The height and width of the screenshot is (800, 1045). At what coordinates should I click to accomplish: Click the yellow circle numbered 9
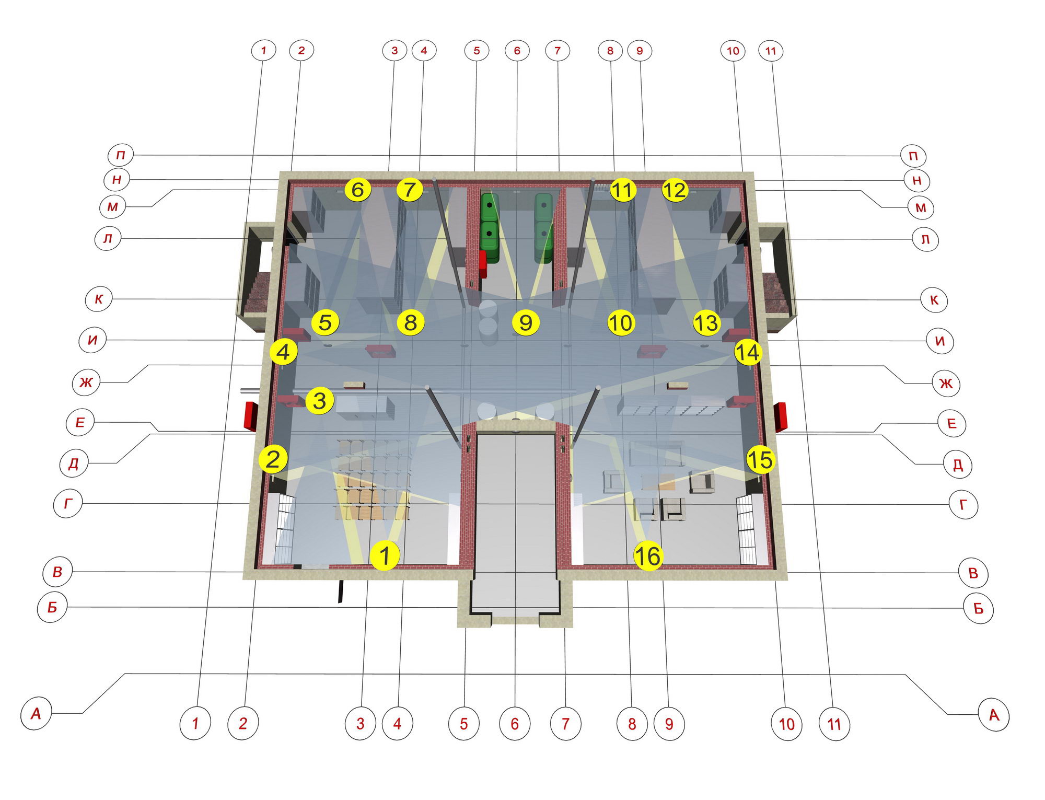pos(526,322)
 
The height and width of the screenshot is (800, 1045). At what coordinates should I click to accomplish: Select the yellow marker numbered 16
pos(648,556)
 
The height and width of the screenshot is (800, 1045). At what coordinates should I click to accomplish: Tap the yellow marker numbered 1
pos(385,555)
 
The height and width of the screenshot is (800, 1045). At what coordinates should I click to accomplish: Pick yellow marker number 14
pos(748,352)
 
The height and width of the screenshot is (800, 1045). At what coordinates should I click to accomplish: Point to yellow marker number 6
pos(358,189)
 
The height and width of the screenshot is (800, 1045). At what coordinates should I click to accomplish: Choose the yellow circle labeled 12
pos(675,190)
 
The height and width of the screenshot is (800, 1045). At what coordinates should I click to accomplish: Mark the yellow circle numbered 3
pos(319,401)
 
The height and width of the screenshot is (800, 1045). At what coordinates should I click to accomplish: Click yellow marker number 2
pos(273,459)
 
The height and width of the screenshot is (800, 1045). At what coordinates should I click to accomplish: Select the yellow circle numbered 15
pos(760,460)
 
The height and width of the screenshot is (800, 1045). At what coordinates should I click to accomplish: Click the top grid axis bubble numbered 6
pos(517,51)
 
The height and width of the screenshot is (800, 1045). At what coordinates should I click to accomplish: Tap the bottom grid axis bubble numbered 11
pos(834,724)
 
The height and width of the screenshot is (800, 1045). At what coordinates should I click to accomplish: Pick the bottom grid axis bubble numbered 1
pos(195,723)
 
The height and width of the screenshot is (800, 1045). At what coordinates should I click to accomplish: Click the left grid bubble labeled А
pos(36,714)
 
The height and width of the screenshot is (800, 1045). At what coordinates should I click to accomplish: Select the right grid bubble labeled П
pos(913,156)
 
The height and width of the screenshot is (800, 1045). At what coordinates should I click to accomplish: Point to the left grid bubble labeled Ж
pos(86,382)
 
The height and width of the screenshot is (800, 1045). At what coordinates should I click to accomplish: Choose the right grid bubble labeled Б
pos(978,608)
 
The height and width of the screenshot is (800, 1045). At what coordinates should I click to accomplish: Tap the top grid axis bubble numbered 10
pos(733,51)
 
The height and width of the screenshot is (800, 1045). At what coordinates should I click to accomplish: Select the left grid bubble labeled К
pos(99,299)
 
